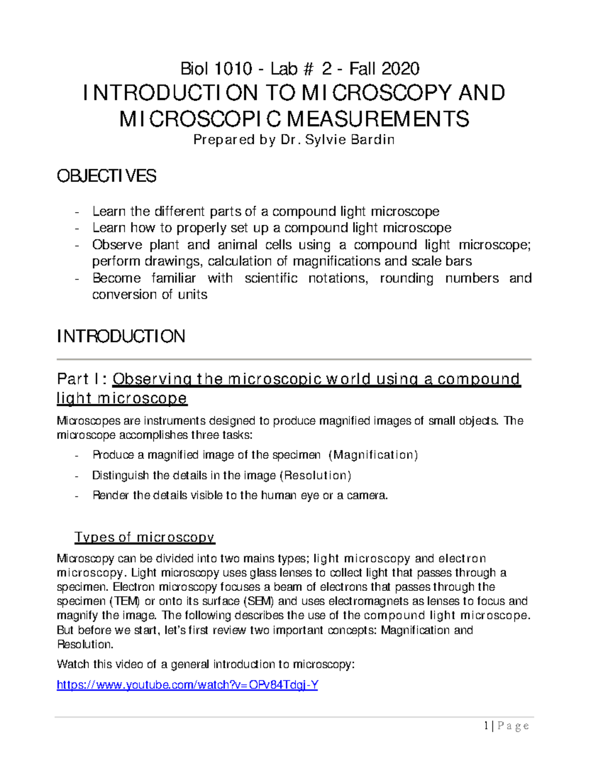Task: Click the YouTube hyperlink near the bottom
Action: [187, 685]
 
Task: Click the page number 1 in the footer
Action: [486, 725]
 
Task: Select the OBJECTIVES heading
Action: [107, 176]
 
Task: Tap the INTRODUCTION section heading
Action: [121, 336]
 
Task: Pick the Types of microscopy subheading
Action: [144, 537]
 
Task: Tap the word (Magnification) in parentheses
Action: [373, 455]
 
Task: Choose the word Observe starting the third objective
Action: [117, 245]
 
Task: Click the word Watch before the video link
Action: [73, 664]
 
